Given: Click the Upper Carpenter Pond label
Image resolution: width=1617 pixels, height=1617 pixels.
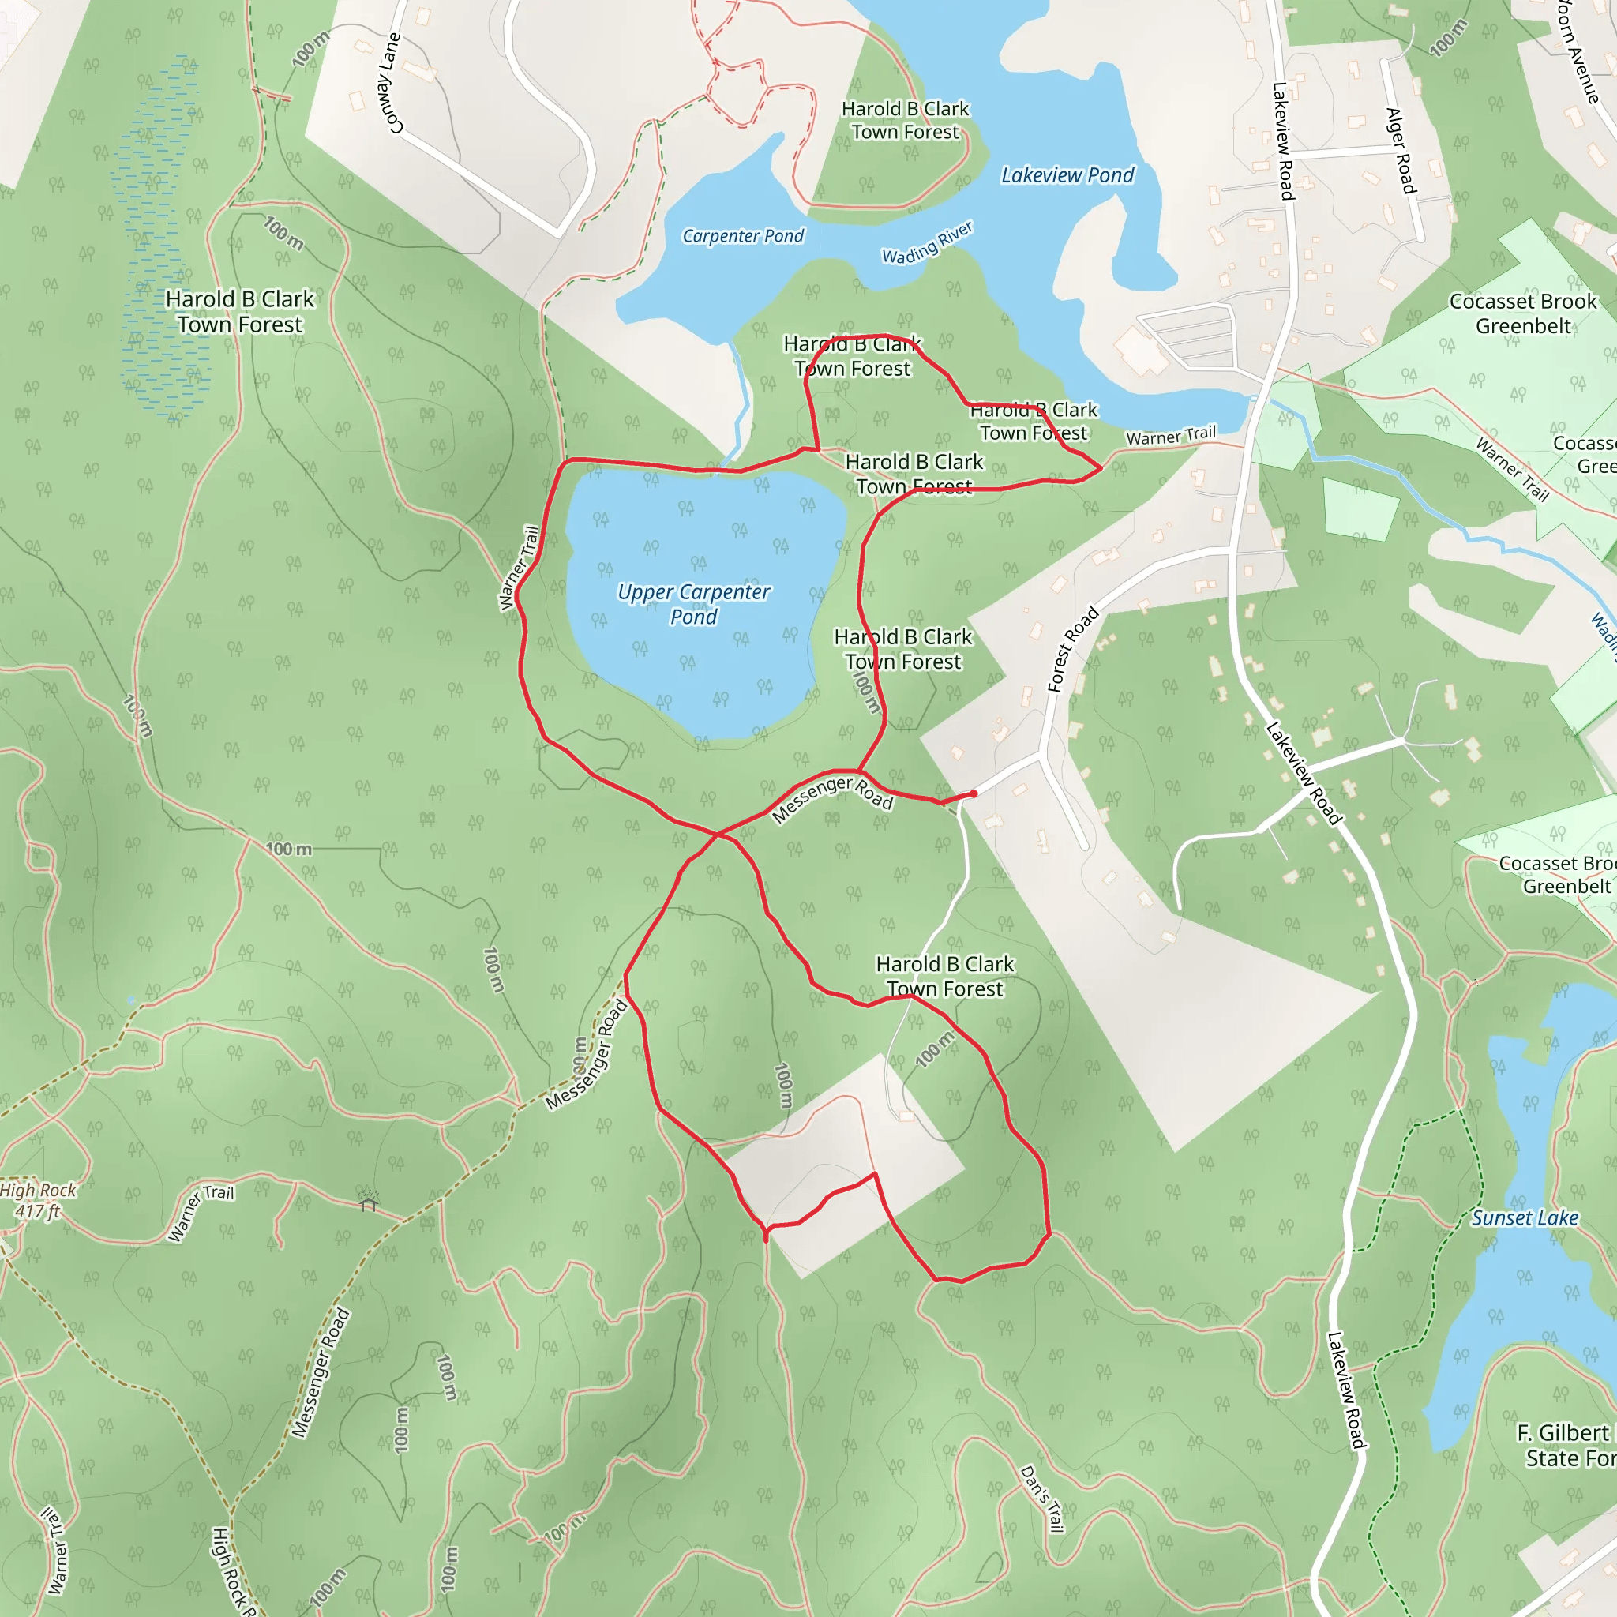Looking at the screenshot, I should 693,603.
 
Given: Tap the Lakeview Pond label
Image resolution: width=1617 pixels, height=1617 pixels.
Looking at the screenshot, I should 1067,175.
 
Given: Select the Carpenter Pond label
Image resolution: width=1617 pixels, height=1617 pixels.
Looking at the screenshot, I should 742,236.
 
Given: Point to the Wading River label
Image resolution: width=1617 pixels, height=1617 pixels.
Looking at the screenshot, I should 928,242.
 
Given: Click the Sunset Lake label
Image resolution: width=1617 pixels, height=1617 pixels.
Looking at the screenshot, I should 1525,1217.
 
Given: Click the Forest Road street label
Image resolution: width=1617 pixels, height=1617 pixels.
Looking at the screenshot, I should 1072,650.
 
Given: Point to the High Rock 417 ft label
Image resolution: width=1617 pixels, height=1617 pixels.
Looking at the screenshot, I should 38,1200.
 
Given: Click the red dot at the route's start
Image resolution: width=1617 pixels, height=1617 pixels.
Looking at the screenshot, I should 974,793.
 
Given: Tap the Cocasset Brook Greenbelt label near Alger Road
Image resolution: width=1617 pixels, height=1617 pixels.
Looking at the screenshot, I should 1522,313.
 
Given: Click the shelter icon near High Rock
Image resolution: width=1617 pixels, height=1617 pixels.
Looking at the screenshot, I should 369,1202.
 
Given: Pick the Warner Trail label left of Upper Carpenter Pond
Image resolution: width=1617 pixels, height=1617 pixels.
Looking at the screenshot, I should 518,568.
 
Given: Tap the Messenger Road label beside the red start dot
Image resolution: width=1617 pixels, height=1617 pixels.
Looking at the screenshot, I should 832,799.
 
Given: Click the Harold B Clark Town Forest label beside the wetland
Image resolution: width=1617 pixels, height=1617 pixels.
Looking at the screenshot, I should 239,311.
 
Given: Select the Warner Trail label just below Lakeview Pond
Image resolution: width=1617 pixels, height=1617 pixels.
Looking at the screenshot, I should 1171,435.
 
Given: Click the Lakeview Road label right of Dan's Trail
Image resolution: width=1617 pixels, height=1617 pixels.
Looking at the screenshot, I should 1347,1390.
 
